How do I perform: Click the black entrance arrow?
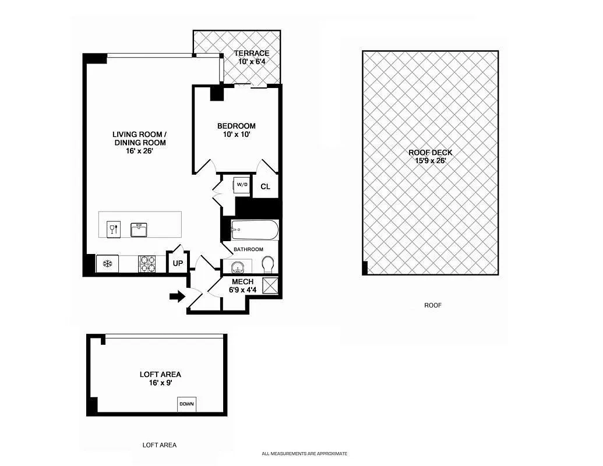point(177,296)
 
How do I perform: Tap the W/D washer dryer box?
point(242,185)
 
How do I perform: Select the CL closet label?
point(265,187)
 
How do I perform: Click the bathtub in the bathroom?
point(255,230)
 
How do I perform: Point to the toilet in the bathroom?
point(267,264)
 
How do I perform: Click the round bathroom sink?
point(237,266)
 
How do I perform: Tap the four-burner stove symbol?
point(147,264)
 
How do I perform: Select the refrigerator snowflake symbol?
point(108,264)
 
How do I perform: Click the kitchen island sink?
point(139,230)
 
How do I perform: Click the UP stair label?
point(178,263)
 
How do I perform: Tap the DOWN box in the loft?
point(186,404)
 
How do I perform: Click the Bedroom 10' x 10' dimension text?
point(236,135)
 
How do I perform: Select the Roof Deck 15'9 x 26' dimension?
point(430,161)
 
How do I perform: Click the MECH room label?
point(243,282)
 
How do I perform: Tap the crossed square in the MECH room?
point(270,286)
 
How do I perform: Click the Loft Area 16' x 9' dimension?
point(160,383)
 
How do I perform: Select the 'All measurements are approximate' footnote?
point(304,454)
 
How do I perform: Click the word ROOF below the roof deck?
point(433,305)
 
